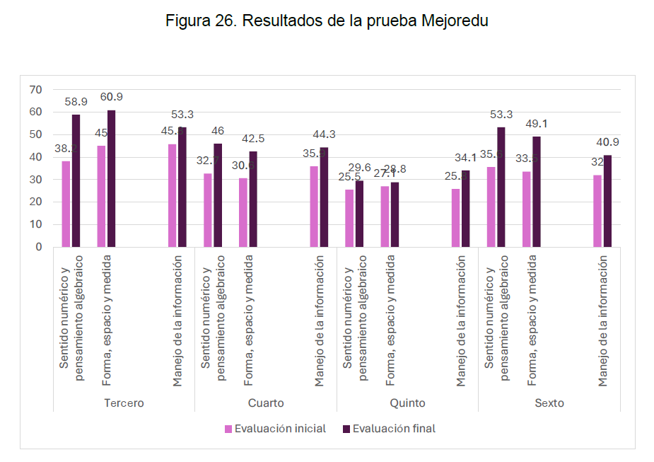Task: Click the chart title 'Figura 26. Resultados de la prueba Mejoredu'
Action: (x=327, y=21)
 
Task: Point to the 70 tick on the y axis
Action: (x=36, y=89)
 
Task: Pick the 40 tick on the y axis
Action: (x=36, y=157)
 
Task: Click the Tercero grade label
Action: (x=124, y=403)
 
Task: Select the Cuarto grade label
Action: (x=266, y=403)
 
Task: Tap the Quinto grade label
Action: (x=407, y=403)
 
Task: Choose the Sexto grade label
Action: (x=549, y=403)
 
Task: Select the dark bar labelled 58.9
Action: (x=76, y=180)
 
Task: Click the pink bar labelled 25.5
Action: (x=349, y=218)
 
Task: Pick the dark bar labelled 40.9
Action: (x=607, y=201)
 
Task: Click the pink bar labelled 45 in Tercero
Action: (x=101, y=196)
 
